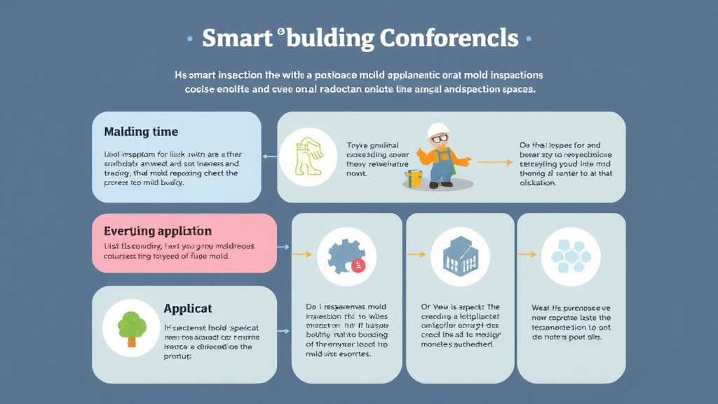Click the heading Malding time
[141, 131]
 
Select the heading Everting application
[158, 231]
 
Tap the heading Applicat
[188, 308]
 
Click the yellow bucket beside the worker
[414, 177]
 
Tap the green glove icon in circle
[308, 155]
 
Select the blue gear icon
[342, 256]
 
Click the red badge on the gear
[358, 265]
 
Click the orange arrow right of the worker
[499, 162]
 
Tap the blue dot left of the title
[190, 39]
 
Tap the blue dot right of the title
[528, 39]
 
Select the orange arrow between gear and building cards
[416, 255]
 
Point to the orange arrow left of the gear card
[301, 254]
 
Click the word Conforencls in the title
[449, 39]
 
